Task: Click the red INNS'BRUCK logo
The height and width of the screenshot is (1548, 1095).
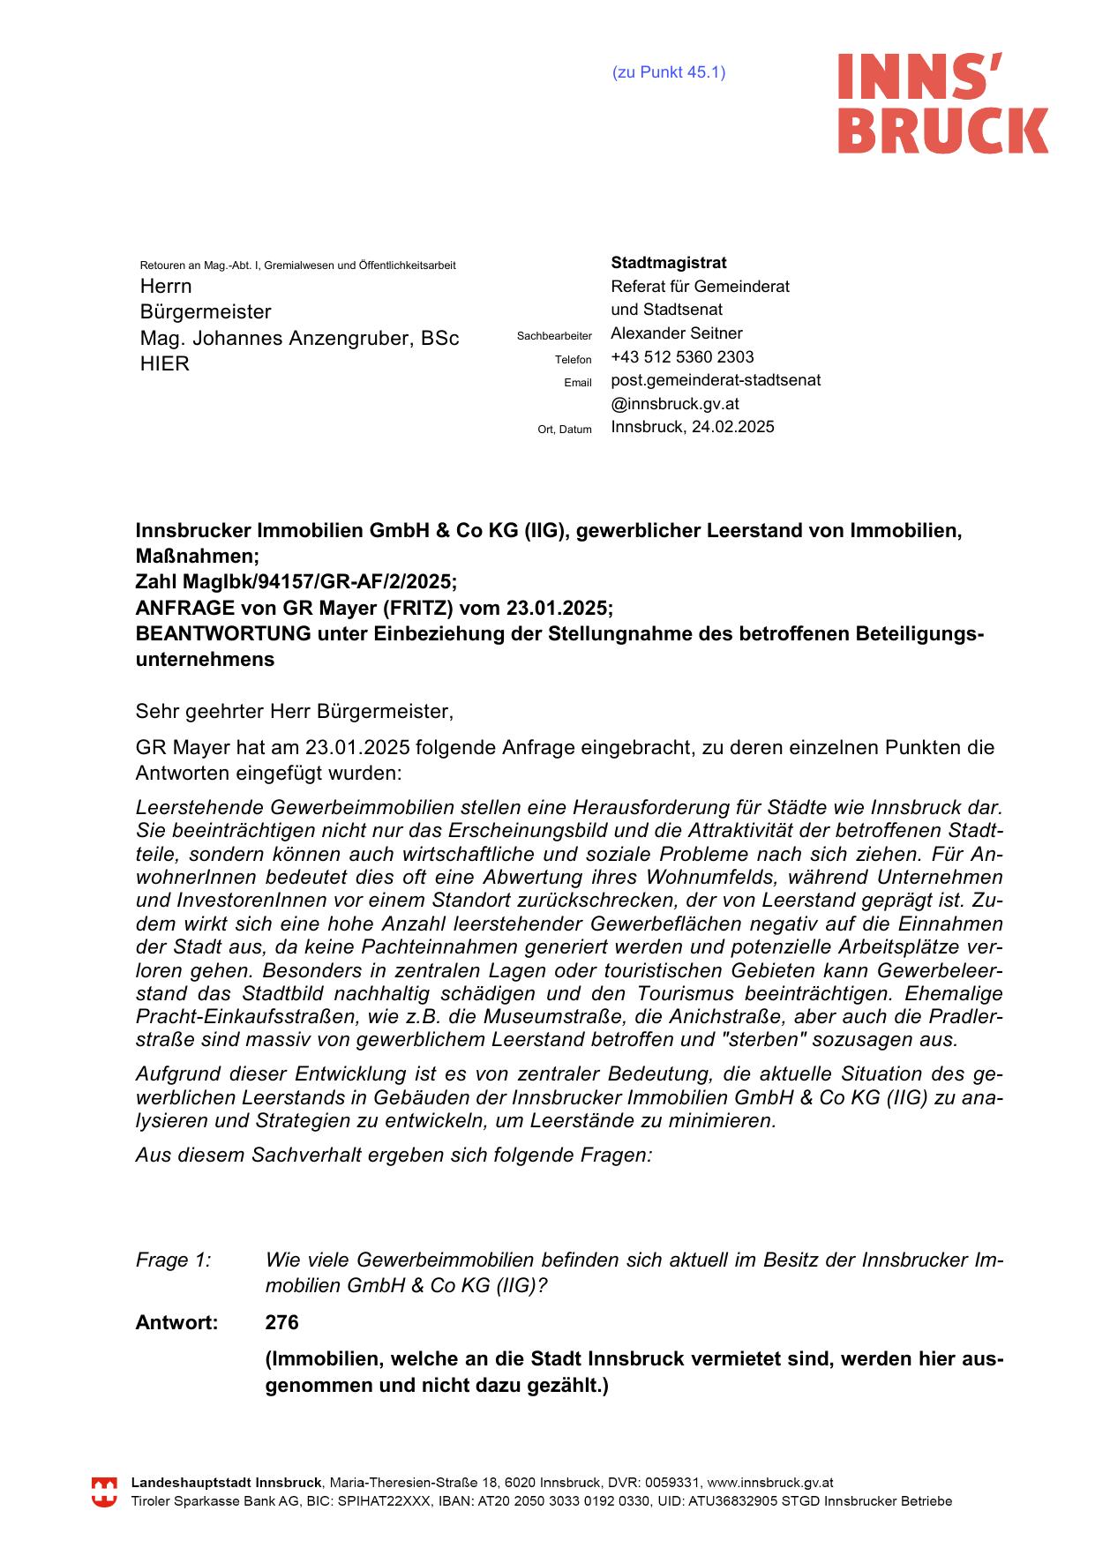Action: (x=942, y=103)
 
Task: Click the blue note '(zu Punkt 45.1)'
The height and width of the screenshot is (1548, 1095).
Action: (x=669, y=72)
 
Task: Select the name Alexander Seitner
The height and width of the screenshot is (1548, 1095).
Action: (x=677, y=333)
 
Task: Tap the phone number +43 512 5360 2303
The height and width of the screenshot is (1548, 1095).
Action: (x=682, y=357)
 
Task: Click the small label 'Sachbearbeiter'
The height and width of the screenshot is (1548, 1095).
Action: (x=554, y=336)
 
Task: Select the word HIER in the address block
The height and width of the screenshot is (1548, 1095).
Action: (x=165, y=364)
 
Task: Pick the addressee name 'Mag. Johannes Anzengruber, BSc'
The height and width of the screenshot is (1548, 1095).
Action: (x=299, y=339)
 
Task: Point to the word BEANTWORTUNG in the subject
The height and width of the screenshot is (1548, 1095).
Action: (x=223, y=634)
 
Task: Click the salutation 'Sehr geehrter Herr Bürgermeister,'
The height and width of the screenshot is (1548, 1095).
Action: (x=294, y=711)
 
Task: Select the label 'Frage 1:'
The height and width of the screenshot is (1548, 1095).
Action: (x=174, y=1260)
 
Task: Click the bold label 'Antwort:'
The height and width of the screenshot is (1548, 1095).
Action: (x=176, y=1323)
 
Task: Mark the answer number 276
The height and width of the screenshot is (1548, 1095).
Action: (x=282, y=1323)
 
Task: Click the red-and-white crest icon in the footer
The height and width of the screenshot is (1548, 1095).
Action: (x=104, y=1492)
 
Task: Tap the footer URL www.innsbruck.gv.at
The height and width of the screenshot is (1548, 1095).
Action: (x=770, y=1484)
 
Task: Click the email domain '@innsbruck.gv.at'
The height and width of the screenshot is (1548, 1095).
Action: (x=675, y=404)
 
